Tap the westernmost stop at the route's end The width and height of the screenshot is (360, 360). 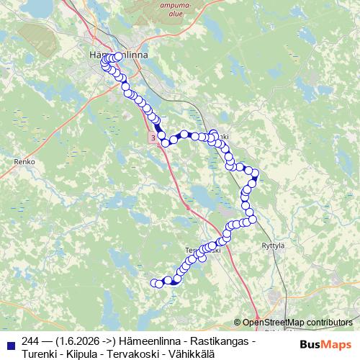point(153,283)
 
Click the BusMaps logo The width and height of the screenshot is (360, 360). point(326,343)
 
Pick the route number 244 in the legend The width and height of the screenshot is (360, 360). point(31,341)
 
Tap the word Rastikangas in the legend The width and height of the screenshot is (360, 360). point(222,341)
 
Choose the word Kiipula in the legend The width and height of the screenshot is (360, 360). point(85,354)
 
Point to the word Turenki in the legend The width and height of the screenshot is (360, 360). point(42,354)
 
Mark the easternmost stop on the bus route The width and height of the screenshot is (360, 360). point(255,174)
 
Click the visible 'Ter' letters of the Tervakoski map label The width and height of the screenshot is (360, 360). point(192,250)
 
